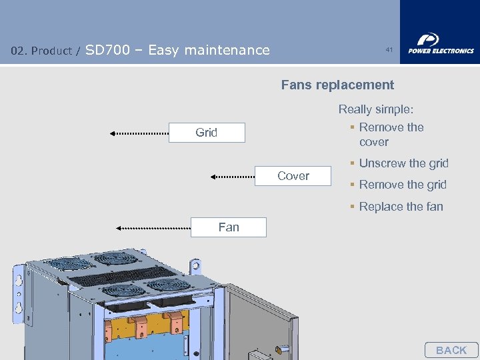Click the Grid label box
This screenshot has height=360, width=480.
pos(207,133)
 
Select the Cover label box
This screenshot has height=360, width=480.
pos(293,176)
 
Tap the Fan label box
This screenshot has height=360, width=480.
pos(229,227)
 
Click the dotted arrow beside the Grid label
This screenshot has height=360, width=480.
pos(139,133)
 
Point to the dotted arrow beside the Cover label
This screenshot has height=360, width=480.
pos(233,177)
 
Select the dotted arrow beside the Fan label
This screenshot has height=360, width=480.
pos(153,228)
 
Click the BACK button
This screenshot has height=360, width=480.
pos(451,350)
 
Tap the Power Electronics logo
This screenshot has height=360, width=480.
pos(440,43)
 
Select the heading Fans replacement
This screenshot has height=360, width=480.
pos(337,85)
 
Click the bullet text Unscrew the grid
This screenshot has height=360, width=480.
pos(403,163)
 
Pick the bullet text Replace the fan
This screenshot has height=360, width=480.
pos(401,207)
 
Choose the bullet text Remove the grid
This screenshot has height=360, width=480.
pos(403,185)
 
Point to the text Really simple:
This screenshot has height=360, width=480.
pos(376,109)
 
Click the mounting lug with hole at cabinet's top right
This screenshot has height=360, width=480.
pos(195,266)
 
